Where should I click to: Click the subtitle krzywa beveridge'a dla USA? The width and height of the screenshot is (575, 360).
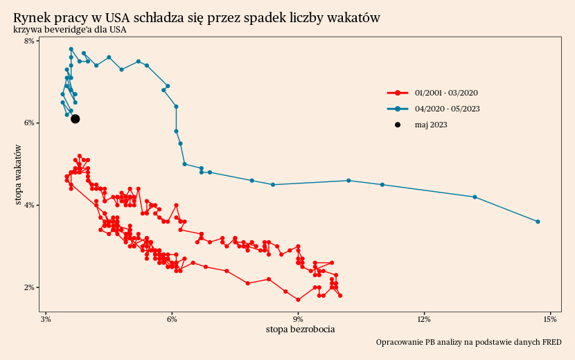[x=69, y=30]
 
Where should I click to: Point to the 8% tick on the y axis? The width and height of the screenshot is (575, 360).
[x=30, y=42]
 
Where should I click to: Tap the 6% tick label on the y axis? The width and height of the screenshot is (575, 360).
[x=30, y=123]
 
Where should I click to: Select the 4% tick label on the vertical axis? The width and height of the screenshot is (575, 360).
[x=30, y=206]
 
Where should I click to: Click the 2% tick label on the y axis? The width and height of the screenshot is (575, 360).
[x=30, y=288]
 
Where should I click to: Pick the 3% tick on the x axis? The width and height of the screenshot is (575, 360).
[x=46, y=319]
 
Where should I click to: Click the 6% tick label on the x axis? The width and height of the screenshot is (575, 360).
[x=172, y=319]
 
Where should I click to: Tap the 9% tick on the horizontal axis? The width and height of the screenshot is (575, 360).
[x=299, y=319]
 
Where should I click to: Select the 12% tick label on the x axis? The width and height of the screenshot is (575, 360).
[x=425, y=319]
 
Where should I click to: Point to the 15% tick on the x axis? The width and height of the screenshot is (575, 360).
[x=551, y=319]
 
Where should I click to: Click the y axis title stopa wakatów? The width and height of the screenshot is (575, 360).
[x=20, y=175]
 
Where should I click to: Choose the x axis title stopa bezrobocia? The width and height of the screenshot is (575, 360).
[x=300, y=330]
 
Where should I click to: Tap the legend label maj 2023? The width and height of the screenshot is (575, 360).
[x=431, y=125]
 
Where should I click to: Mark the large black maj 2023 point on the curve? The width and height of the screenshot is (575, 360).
[x=76, y=119]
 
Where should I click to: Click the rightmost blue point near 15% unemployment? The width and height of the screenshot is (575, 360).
[x=538, y=222]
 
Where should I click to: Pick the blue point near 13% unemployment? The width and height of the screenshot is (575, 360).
[x=475, y=197]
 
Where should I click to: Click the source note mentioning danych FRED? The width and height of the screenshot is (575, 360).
[x=468, y=343]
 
